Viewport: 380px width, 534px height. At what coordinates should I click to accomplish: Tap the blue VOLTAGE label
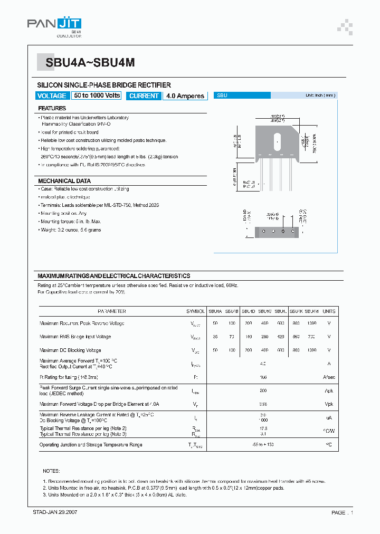[52, 96]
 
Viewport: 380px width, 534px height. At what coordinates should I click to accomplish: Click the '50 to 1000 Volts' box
[97, 96]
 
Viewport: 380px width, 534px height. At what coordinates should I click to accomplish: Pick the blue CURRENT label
[144, 96]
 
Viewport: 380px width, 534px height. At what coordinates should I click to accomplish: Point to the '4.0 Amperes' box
[185, 96]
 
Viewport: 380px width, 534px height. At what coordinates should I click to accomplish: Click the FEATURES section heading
[52, 108]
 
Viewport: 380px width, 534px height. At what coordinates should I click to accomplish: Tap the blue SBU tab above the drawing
[242, 96]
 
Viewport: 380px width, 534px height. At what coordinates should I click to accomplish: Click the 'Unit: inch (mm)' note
[320, 96]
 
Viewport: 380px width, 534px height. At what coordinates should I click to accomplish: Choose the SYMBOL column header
[195, 311]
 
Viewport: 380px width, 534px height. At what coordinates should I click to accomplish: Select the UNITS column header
[329, 311]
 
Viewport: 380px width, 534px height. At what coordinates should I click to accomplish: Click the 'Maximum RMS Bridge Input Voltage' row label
[75, 337]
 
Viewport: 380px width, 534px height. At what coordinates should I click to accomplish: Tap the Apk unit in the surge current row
[329, 391]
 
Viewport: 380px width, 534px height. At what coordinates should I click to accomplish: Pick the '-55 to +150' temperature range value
[262, 445]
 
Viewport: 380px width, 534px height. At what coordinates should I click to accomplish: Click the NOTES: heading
[51, 471]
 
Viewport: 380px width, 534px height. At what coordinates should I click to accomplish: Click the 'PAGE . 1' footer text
[342, 512]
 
